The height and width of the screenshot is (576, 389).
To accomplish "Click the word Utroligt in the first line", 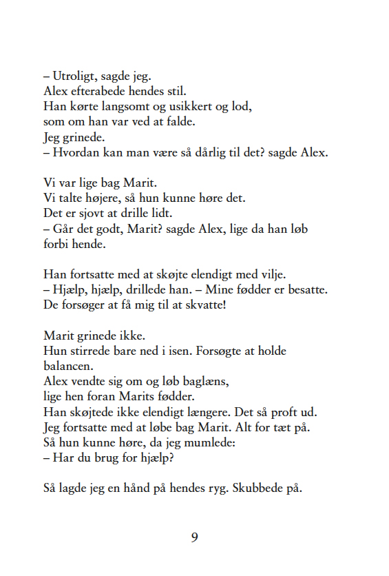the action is pyautogui.click(x=76, y=76).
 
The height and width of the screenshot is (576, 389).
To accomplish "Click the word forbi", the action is pyautogui.click(x=56, y=244).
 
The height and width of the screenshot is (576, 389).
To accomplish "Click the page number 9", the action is pyautogui.click(x=195, y=537).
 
